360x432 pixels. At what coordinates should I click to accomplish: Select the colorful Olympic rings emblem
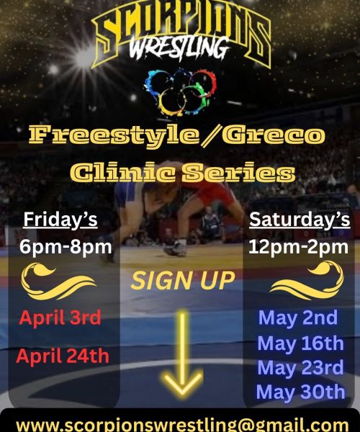[180, 92]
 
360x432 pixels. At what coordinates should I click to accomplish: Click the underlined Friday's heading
[60, 219]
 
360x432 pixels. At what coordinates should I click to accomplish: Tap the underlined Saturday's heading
[299, 219]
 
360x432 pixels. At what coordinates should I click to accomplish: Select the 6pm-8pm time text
[66, 248]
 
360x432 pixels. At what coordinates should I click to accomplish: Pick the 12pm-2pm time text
[299, 248]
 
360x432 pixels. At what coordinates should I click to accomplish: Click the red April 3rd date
[60, 318]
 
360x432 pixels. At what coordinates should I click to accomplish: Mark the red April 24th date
[63, 355]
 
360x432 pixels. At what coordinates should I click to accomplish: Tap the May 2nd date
[297, 318]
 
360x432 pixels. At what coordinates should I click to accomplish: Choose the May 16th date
[300, 343]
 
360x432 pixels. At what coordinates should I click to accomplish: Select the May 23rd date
[300, 367]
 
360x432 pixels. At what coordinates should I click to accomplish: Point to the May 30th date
[300, 392]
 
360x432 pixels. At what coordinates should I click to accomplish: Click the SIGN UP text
[182, 280]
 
